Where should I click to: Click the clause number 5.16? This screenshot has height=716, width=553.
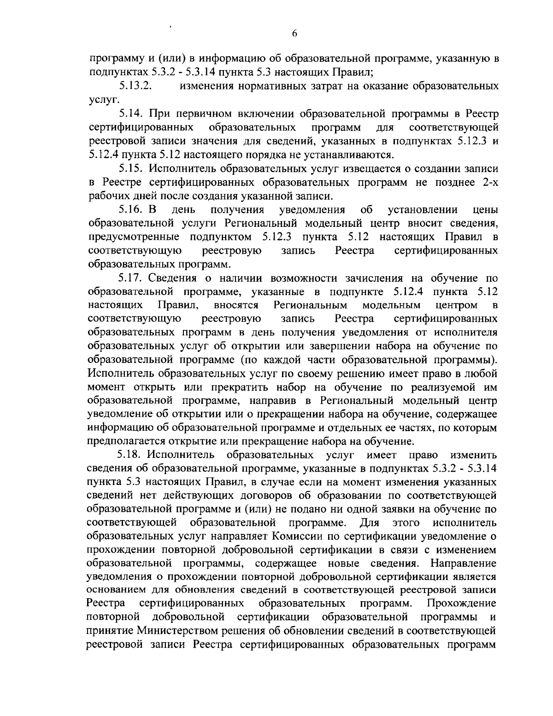(x=131, y=210)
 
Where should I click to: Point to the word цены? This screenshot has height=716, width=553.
(x=485, y=210)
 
